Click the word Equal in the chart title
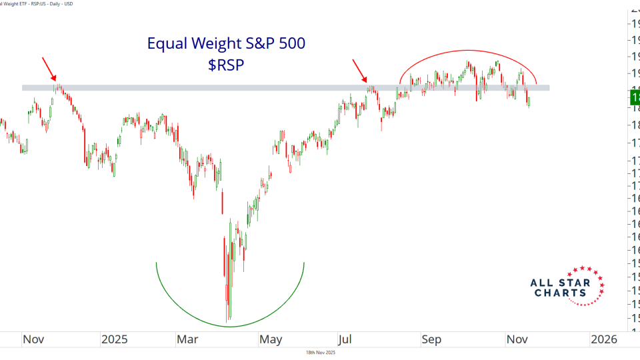[x=166, y=44]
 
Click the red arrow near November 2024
[x=49, y=69]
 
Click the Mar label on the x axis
[x=189, y=339]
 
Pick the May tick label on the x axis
[x=270, y=339]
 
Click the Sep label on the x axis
[x=431, y=339]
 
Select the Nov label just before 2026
[x=517, y=339]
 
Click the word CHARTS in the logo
[x=560, y=293]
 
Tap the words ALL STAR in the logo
[x=560, y=283]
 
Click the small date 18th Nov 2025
[x=320, y=353]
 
